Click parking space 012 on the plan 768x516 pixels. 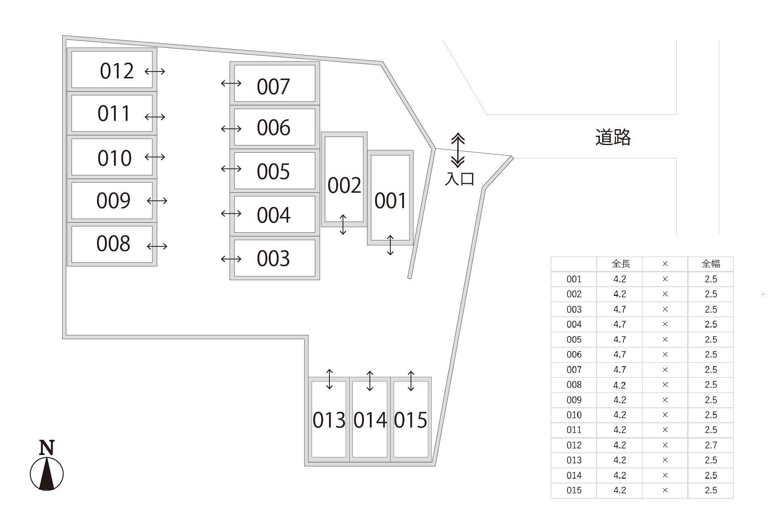[x=112, y=70]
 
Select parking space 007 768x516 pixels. [x=274, y=84]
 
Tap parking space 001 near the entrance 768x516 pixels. [x=390, y=198]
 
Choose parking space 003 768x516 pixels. [x=274, y=258]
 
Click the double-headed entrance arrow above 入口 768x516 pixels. [x=458, y=150]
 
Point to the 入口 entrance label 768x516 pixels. [x=459, y=179]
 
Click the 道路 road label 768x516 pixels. [x=613, y=137]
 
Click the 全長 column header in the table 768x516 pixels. [x=620, y=264]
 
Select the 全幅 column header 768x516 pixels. [x=711, y=264]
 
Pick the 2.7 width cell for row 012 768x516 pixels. [x=711, y=445]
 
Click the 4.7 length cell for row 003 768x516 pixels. [x=620, y=310]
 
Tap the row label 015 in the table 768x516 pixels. [x=574, y=491]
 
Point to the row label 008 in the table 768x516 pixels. [x=574, y=385]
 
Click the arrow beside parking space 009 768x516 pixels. [x=157, y=201]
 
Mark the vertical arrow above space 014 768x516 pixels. [x=370, y=381]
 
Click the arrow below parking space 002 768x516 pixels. [x=343, y=225]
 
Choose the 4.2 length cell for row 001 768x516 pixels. [x=620, y=279]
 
